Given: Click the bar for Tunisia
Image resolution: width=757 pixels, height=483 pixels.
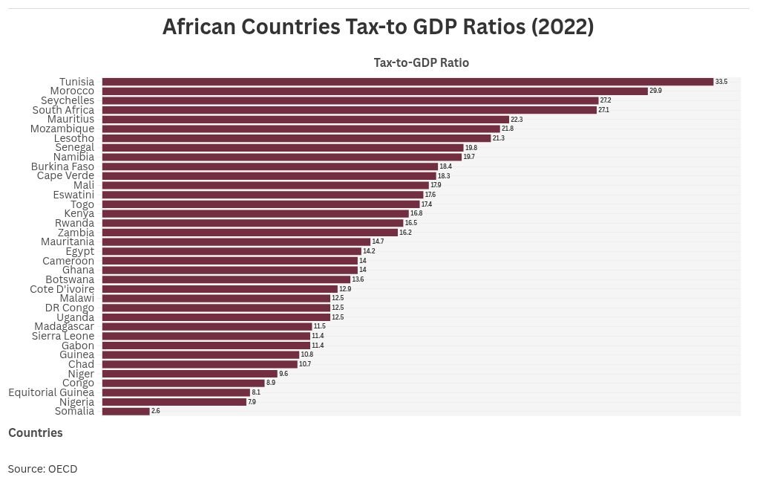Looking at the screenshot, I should [x=407, y=82].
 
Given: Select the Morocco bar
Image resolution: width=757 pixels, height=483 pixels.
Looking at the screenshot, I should [x=374, y=91].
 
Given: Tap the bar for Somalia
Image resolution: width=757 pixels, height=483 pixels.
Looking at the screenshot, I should [x=125, y=411].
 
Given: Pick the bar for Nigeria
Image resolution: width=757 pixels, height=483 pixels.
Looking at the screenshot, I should [x=174, y=402].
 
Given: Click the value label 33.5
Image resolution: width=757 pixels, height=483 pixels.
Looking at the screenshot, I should [x=721, y=82].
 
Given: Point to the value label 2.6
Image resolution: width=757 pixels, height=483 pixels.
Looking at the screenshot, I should [x=155, y=411].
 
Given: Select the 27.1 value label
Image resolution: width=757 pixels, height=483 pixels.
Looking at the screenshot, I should [x=604, y=110].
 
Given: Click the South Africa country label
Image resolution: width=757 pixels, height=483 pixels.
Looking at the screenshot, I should [x=63, y=110].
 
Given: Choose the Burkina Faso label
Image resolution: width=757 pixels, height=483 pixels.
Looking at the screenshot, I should [x=62, y=166].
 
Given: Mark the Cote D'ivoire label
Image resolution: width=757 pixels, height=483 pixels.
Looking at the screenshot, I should [x=62, y=289].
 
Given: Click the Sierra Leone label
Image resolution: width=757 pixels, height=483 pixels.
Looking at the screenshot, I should [x=63, y=336].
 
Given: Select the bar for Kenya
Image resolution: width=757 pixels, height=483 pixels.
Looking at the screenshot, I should [x=255, y=213].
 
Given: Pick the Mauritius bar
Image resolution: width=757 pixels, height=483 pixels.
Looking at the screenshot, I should [x=305, y=119].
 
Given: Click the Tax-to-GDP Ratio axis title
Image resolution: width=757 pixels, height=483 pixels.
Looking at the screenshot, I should [x=421, y=63].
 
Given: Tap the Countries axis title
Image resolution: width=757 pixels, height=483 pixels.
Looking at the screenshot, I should [x=36, y=432].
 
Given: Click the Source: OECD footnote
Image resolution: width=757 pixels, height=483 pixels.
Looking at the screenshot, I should [x=42, y=469].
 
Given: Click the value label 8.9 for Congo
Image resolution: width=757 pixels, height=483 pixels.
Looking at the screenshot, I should [x=270, y=383].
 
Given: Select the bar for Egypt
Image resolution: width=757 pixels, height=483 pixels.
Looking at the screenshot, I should [x=231, y=251].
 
